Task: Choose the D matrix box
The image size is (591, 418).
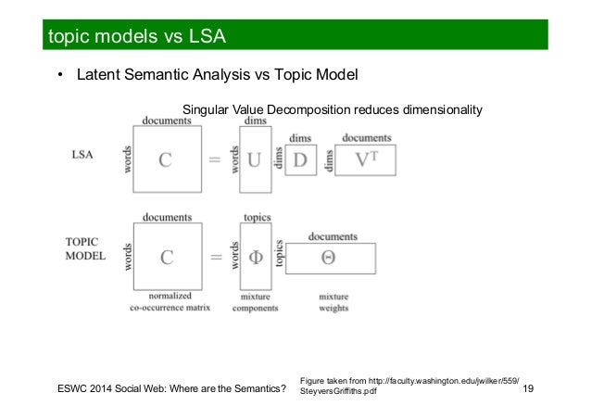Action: (x=300, y=158)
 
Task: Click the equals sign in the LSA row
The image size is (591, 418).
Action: (x=214, y=159)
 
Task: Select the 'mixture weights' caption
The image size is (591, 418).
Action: (x=333, y=302)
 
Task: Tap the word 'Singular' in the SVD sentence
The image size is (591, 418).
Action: (x=207, y=110)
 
